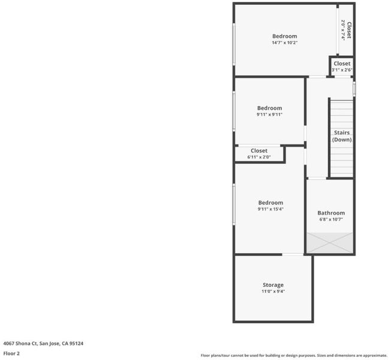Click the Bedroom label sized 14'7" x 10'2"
pos(284,36)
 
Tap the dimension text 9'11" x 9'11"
pos(269,115)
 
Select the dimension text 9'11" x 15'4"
pos(270,209)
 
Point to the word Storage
pos(273,285)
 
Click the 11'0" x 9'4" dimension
pos(273,292)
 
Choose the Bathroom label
pos(331,213)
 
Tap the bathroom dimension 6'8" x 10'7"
pos(331,220)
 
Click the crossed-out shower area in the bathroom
pos(330,243)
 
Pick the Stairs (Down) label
pos(342,136)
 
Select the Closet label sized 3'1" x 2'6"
pos(342,64)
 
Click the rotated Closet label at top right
pos(349,30)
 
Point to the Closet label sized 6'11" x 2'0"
pos(259,151)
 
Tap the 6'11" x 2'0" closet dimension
pos(259,157)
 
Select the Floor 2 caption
pos(11,353)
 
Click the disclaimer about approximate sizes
pos(294,356)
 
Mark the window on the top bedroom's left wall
pos(234,44)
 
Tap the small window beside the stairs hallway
pos(354,89)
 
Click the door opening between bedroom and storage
pos(293,254)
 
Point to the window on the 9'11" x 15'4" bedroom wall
pos(234,205)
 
